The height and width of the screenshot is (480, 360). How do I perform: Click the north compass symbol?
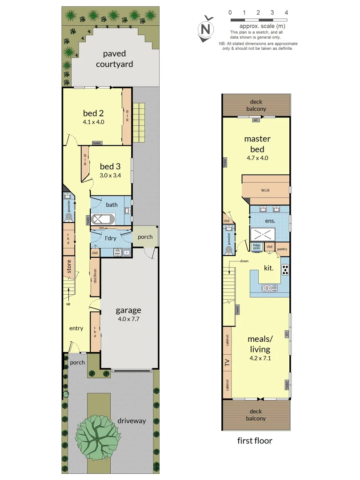click(205, 29)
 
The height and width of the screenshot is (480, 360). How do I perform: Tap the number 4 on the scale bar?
click(286, 12)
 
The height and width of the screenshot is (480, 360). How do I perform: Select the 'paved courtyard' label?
click(115, 59)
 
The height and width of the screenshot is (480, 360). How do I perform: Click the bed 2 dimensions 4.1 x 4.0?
click(93, 121)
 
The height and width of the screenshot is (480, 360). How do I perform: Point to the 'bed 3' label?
click(110, 166)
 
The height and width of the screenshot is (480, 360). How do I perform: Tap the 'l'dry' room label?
click(110, 239)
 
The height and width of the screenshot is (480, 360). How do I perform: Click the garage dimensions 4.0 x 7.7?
click(128, 319)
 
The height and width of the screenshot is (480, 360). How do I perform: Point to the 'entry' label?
click(76, 328)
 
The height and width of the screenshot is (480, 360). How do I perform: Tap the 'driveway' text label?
click(132, 420)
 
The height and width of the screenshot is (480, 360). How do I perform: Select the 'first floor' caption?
click(255, 441)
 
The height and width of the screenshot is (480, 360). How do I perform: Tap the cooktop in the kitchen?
click(285, 269)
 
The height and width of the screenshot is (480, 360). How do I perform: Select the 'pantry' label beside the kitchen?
click(283, 249)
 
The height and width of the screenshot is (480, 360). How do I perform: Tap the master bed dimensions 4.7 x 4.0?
click(258, 157)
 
